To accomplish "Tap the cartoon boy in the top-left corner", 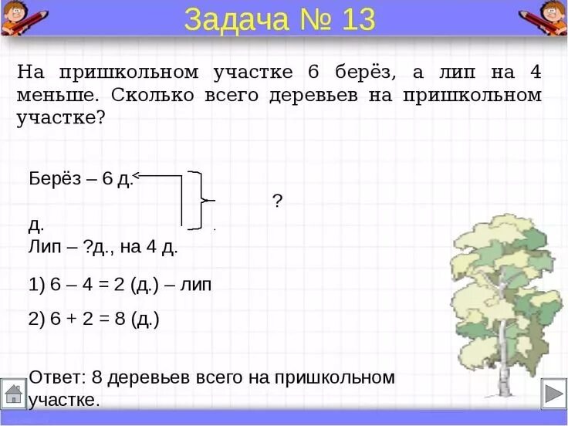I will click(x=21, y=17).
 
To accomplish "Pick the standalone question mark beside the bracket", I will click(x=277, y=201).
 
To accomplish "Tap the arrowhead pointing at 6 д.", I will click(x=137, y=176).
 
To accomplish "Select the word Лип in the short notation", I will click(x=43, y=247).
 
